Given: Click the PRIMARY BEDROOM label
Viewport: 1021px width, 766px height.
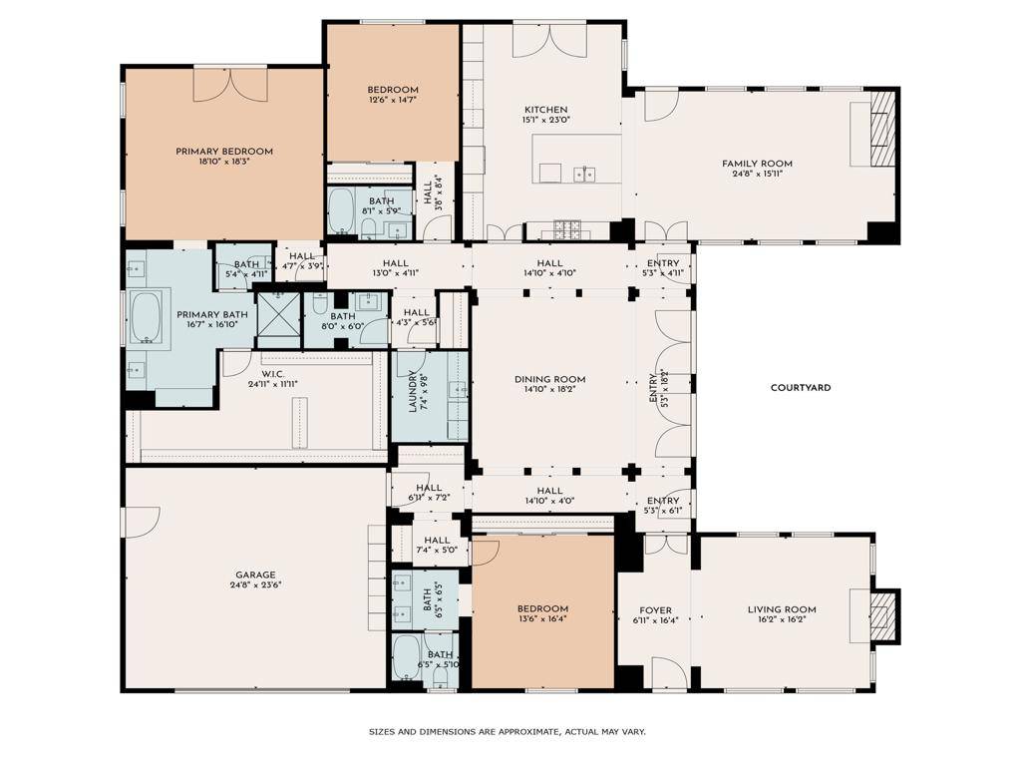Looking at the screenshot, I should tap(224, 152).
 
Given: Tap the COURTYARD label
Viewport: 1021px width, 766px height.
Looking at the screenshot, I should tap(800, 387).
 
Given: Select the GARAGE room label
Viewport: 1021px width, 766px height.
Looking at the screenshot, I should tap(255, 574).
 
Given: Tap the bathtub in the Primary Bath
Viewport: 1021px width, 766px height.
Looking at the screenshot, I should tap(147, 317).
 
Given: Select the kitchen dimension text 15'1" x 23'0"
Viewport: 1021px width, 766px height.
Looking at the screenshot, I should tap(545, 121).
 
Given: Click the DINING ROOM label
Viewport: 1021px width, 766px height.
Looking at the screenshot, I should tap(549, 379).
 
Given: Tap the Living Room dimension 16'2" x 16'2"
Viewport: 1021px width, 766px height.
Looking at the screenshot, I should tap(782, 620).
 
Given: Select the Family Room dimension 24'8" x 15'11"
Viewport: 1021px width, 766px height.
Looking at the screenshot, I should tap(757, 175).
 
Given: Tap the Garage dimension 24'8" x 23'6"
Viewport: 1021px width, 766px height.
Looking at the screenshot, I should tap(255, 585).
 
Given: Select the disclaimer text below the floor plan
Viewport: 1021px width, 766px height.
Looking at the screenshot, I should tap(508, 731).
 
